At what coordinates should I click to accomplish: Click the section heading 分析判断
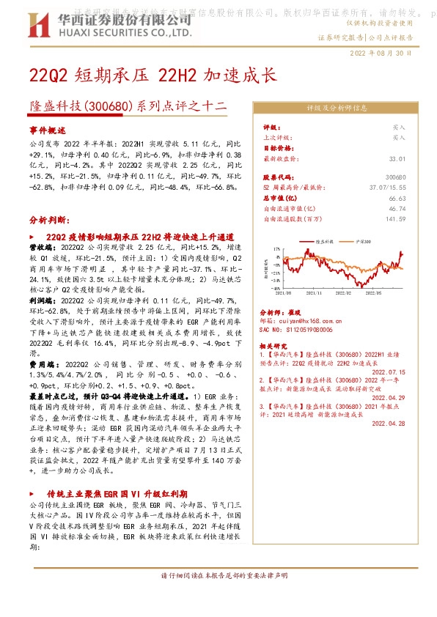coord(50,219)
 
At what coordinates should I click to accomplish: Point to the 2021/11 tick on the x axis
coord(317,292)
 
